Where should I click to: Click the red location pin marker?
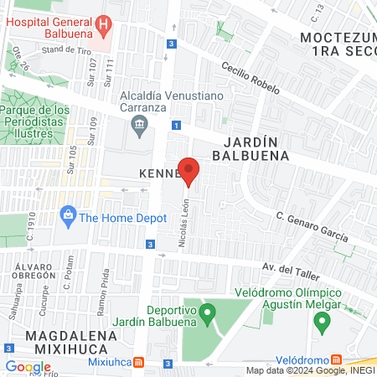pos(189,170)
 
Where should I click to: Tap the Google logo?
pos(28,366)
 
